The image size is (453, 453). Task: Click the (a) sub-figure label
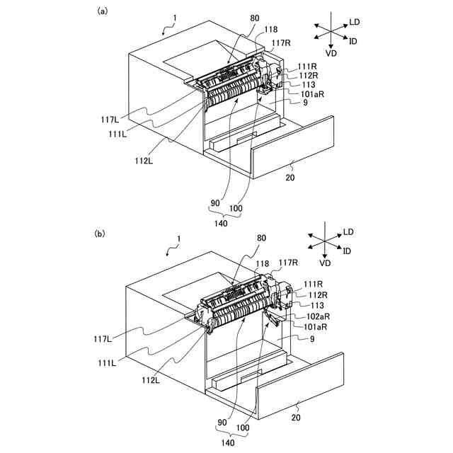103,11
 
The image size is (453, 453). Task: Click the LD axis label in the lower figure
348,231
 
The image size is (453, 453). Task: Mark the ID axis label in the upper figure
352,40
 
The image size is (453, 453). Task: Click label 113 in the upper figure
309,84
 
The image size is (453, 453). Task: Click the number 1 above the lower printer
179,240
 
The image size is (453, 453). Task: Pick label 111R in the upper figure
307,66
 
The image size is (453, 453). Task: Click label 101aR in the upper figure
313,93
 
